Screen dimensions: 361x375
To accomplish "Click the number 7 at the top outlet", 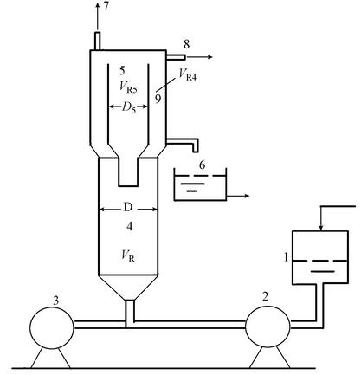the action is [x=106, y=6].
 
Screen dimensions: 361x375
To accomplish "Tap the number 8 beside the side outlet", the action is [x=187, y=44].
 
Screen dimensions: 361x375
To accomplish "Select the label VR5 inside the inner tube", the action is [x=128, y=87].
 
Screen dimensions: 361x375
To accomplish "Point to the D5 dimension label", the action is [x=129, y=107].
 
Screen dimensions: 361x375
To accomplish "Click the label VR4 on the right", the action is [x=188, y=74].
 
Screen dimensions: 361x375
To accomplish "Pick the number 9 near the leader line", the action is [x=158, y=99].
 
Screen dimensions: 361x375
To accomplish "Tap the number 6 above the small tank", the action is [x=202, y=165].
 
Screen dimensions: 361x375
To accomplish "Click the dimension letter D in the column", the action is [x=128, y=207].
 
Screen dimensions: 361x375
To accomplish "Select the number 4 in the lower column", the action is [x=130, y=227].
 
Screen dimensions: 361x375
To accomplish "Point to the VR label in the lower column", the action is [x=128, y=255].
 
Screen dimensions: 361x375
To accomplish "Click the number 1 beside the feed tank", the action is [x=286, y=256].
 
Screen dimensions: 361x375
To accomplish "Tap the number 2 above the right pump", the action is [x=265, y=296].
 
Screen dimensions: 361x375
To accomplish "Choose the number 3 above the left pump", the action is [x=55, y=301].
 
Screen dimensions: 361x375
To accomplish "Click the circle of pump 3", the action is [x=52, y=307].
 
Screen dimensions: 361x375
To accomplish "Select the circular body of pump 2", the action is [x=268, y=304].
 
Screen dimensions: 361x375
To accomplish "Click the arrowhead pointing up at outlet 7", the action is [x=98, y=6].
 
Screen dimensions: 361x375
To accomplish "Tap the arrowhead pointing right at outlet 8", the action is [x=210, y=57].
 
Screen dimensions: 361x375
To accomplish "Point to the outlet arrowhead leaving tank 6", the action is [x=246, y=197].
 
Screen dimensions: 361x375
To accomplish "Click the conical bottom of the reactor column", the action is [x=128, y=288].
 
